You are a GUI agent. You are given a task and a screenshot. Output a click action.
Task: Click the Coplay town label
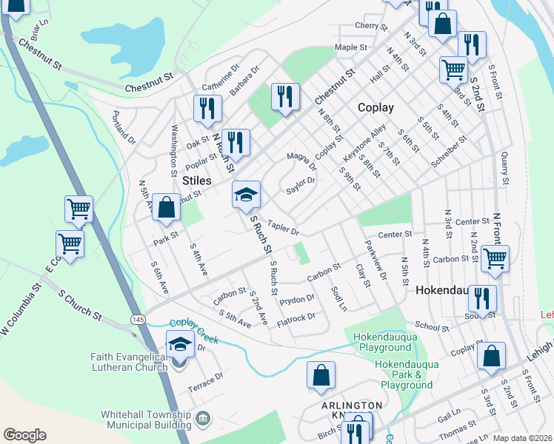coord(376,107)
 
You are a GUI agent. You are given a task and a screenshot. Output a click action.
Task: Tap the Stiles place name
coord(197,181)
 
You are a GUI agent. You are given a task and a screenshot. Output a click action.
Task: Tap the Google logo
coord(24,435)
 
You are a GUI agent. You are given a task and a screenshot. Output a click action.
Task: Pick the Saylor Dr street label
coord(301,186)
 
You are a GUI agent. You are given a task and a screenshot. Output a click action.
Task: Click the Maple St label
coord(351,47)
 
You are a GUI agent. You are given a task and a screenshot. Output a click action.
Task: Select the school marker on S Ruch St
coord(247,196)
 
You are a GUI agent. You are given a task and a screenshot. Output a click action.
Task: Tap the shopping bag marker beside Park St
coord(167,207)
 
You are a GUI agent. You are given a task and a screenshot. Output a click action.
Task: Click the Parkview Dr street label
coord(376,260)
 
